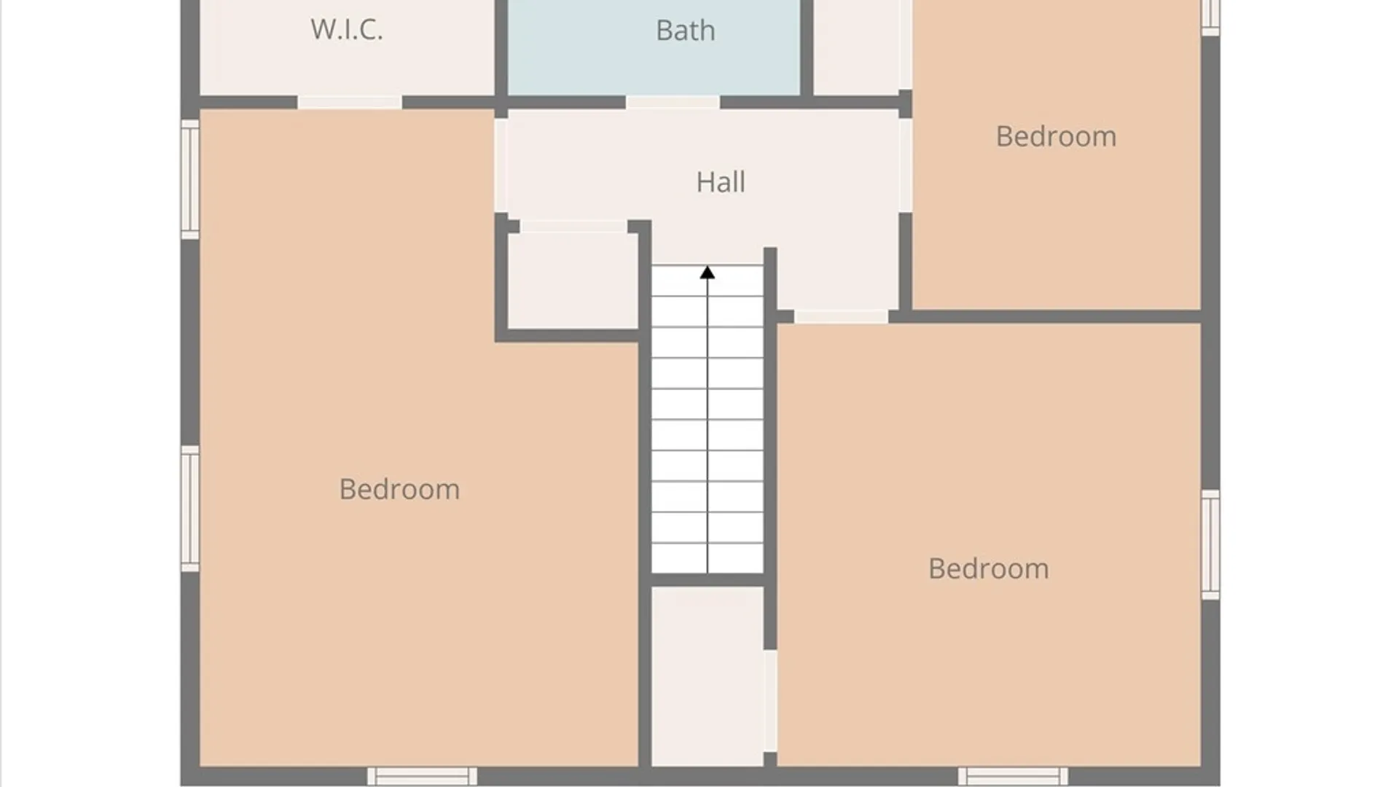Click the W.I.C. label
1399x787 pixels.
tap(347, 30)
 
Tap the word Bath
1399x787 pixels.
tap(686, 31)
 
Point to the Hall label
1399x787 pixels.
tap(721, 182)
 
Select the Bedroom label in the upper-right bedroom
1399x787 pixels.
tap(1056, 137)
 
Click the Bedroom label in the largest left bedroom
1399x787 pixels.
tap(399, 490)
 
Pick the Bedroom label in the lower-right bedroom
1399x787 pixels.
tap(988, 569)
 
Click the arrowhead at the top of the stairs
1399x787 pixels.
tap(707, 273)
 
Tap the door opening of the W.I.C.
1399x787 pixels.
tap(350, 103)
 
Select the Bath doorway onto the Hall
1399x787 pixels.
tap(673, 103)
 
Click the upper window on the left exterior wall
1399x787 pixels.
tap(190, 179)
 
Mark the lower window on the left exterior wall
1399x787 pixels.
tap(190, 509)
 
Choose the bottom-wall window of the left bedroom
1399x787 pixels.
tap(422, 776)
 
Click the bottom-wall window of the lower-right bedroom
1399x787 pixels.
tap(1013, 776)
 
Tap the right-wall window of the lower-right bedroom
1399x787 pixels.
tap(1210, 545)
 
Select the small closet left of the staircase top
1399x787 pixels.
tap(573, 281)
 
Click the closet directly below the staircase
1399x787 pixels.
tap(707, 676)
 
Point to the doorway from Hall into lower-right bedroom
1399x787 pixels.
tap(841, 316)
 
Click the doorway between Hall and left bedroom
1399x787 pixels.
tap(501, 165)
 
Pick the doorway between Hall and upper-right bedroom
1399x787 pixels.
tap(905, 165)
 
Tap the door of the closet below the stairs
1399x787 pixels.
tap(770, 701)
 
